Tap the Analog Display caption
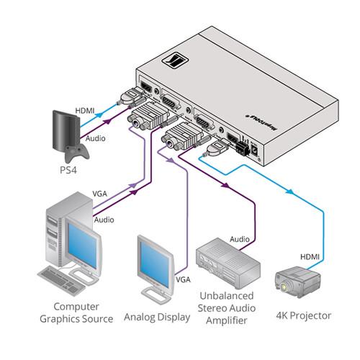click(157, 317)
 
